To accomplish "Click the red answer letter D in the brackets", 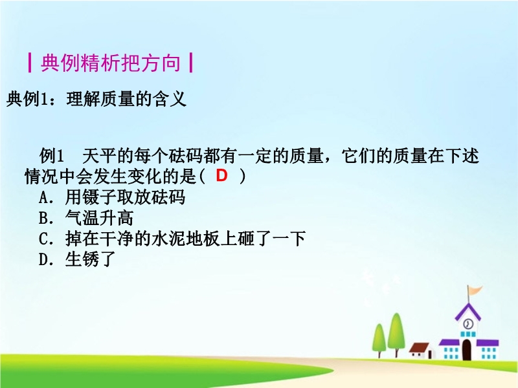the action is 221,175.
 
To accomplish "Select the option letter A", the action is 44,198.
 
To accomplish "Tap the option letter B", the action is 44,219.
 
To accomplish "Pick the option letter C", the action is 44,239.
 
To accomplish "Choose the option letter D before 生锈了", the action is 44,260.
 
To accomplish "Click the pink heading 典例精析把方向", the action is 111,63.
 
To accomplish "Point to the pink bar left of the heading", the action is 30,63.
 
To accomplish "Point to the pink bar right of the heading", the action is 190,63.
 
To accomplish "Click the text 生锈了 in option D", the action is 91,259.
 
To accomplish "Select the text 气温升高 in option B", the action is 100,218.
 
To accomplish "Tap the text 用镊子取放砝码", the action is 125,197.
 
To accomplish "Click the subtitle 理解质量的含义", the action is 126,99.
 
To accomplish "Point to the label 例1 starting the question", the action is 51,156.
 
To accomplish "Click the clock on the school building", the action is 467,324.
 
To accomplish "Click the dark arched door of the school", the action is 466,350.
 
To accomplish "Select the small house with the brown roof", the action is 420,350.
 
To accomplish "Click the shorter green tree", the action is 379,341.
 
